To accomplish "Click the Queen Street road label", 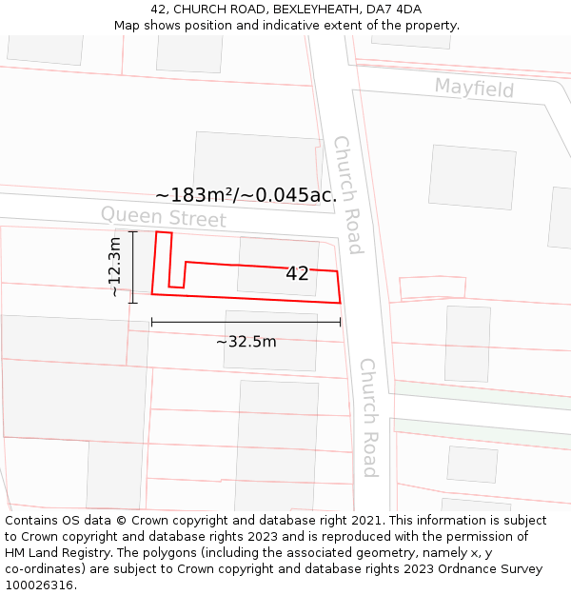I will point(164,217).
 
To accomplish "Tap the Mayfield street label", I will point(474,89).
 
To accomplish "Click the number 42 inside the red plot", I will point(297,273).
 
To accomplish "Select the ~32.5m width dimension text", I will point(246,341).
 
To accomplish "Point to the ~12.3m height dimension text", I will point(115,268).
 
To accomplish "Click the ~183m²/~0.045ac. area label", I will point(246,195).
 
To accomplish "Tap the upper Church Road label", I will point(346,195).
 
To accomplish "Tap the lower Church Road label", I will point(368,417).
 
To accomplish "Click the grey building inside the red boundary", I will point(277,266).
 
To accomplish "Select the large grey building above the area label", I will point(257,162).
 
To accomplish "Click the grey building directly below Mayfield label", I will point(472,177).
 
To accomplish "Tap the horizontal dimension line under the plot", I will point(246,322).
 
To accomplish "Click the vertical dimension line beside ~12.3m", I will point(133,268).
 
